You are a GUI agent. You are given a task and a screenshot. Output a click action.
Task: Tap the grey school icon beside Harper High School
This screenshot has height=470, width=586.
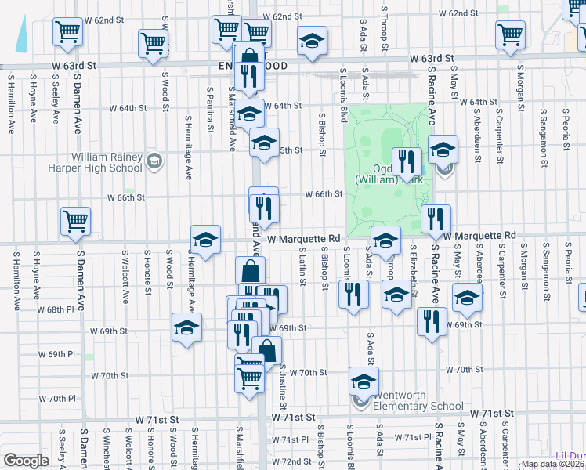[154, 161]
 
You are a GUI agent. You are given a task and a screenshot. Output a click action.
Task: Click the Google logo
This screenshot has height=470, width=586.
[27, 461]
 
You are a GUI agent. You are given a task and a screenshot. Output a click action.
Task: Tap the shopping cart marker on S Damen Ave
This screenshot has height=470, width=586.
[76, 221]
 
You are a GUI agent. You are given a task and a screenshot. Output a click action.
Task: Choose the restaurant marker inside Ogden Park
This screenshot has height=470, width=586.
[405, 161]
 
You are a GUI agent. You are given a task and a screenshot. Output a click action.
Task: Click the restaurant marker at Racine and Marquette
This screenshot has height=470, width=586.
[436, 219]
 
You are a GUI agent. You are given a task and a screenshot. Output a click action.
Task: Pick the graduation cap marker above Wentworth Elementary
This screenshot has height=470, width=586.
[364, 382]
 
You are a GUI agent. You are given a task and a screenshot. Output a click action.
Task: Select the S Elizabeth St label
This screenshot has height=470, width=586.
[413, 268]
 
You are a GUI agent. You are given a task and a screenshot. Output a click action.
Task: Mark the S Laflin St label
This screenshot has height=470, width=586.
[302, 268]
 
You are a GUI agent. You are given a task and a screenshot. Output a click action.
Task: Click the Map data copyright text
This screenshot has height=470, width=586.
[552, 464]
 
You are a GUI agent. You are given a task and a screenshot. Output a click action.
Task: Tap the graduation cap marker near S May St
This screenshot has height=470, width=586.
[467, 297]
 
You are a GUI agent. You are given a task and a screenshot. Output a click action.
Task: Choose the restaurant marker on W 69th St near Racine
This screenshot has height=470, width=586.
[431, 321]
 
